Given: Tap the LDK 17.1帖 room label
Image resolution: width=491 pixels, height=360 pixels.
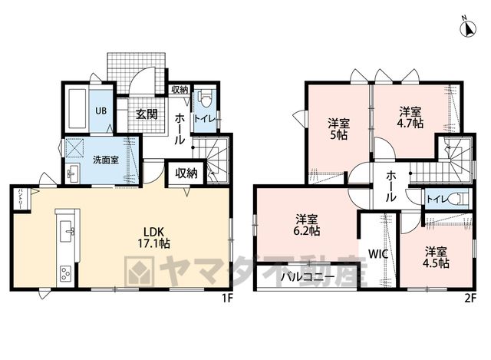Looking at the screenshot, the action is pyautogui.click(x=154, y=237).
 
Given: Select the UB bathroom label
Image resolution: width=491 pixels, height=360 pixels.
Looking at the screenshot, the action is pyautogui.click(x=101, y=111).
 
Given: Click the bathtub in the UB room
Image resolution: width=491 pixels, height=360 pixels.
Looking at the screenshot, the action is pyautogui.click(x=77, y=108).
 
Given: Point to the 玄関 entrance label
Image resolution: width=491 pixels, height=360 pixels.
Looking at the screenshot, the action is pyautogui.click(x=147, y=114).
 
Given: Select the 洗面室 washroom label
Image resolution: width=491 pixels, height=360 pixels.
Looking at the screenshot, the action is pyautogui.click(x=106, y=160).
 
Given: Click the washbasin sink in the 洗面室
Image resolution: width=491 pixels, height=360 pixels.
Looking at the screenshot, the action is pyautogui.click(x=74, y=173).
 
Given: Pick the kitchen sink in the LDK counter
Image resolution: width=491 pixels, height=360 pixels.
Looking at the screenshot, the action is pyautogui.click(x=67, y=231).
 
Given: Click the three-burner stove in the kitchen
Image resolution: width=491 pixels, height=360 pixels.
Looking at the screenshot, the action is pyautogui.click(x=65, y=273).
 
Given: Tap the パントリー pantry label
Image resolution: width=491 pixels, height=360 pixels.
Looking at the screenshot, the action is pyautogui.click(x=21, y=199).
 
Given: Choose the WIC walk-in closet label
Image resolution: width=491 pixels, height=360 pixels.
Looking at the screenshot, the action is pyautogui.click(x=378, y=254).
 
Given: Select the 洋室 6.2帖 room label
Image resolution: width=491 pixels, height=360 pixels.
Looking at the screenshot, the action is pyautogui.click(x=307, y=225).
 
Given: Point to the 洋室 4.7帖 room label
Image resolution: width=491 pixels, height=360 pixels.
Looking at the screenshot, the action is pyautogui.click(x=410, y=117).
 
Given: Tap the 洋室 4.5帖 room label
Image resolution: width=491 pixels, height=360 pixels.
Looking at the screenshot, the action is pyautogui.click(x=436, y=257).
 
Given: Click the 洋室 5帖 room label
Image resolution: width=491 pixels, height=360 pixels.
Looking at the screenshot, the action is pyautogui.click(x=338, y=129).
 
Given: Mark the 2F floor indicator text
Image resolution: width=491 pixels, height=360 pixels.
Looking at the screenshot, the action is pyautogui.click(x=470, y=299).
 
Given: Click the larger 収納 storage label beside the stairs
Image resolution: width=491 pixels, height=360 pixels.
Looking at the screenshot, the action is pyautogui.click(x=186, y=173).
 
